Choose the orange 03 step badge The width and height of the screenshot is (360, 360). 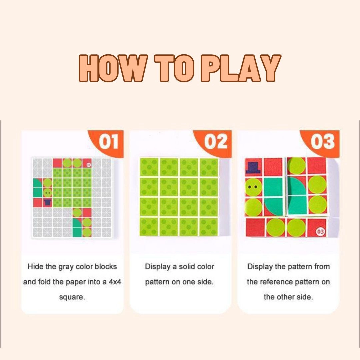click(322, 142)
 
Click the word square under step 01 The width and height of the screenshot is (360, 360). click(72, 297)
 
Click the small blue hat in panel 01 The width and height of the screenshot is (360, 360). click(47, 202)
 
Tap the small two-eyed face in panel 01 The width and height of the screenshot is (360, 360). click(47, 192)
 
